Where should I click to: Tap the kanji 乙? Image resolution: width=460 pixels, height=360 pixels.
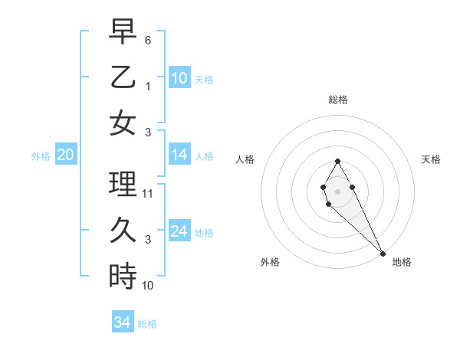point(123,77)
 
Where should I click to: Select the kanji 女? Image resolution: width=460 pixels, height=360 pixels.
point(123,123)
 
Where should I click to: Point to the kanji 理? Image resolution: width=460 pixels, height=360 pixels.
point(123,184)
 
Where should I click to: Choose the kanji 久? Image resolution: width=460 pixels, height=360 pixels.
point(123,230)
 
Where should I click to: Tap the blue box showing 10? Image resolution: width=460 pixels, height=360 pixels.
point(179,77)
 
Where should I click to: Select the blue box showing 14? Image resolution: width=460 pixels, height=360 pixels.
point(179,155)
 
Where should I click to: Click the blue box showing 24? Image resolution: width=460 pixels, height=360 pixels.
point(179,231)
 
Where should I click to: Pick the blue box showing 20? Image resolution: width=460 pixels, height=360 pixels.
point(65,155)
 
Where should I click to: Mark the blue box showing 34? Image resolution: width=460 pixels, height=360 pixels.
point(123,322)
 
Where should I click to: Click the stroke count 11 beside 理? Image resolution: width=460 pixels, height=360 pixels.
point(148,194)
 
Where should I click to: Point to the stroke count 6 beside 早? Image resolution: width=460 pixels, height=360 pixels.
point(148,40)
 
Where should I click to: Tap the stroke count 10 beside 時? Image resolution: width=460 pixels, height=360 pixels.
point(148,286)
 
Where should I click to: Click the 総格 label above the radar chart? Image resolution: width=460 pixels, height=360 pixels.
point(338,100)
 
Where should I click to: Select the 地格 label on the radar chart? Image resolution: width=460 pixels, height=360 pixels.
point(402,262)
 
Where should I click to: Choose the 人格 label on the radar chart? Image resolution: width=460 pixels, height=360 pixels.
point(245,159)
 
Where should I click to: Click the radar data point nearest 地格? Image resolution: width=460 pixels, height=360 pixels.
point(383,254)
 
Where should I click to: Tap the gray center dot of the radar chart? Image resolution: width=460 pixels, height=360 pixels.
point(337,191)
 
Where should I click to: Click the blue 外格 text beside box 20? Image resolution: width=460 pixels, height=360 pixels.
point(41,156)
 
